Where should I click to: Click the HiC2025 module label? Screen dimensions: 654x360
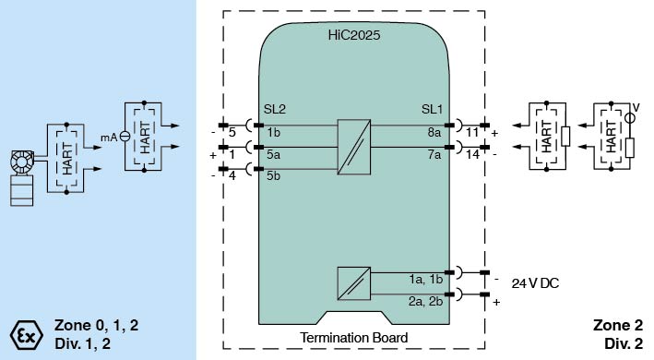click(353, 35)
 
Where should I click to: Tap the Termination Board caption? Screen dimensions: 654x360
click(353, 337)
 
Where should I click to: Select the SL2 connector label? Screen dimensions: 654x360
click(275, 109)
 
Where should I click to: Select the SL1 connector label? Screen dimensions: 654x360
click(432, 109)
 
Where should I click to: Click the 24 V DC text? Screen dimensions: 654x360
click(535, 283)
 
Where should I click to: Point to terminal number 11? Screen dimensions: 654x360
click(471, 133)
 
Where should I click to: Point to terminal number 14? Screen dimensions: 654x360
click(472, 154)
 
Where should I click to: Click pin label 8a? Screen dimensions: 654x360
click(434, 133)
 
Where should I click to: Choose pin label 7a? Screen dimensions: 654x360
click(434, 154)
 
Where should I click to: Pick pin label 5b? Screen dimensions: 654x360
click(274, 175)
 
